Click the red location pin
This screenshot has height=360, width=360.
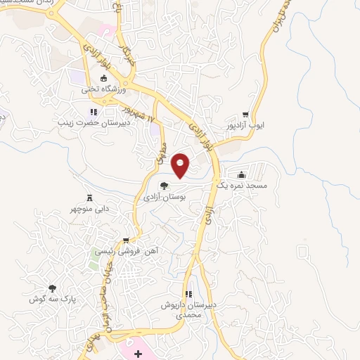coord(181,164)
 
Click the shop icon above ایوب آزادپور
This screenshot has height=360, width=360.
coord(245,115)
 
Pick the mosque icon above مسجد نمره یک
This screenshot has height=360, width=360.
coord(242,174)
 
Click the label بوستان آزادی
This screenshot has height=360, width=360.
coord(164,198)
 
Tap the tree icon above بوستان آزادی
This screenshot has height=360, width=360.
coord(164,186)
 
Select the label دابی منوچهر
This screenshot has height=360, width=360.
coord(89,209)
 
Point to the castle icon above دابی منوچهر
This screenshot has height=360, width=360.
coord(89,198)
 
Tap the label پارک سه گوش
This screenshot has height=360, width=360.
coord(51,299)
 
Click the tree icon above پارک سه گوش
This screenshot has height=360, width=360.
coord(51,288)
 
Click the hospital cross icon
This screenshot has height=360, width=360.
coord(138,352)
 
